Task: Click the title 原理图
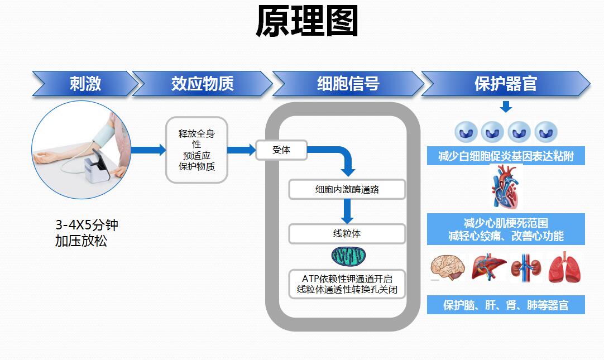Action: click(306, 22)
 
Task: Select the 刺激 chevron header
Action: click(85, 84)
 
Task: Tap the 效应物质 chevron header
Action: click(202, 84)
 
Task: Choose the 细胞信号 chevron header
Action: click(348, 84)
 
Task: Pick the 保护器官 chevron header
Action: click(505, 84)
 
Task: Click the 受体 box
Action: click(281, 150)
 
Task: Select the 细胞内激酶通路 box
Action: click(347, 189)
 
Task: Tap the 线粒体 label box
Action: click(347, 234)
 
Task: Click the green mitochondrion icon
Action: click(348, 256)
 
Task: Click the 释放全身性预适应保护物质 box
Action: click(196, 150)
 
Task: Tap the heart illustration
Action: click(506, 189)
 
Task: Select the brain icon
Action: click(447, 267)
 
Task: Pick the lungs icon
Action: click(564, 267)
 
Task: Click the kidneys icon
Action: click(525, 267)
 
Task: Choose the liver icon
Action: click(488, 267)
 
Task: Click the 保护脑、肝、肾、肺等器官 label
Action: click(506, 305)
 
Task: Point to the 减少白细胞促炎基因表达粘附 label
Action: click(506, 156)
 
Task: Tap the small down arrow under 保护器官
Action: click(506, 107)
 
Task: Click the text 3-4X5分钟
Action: click(87, 225)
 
